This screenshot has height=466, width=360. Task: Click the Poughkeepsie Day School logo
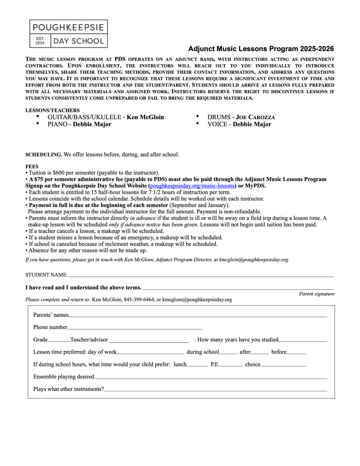tap(68, 34)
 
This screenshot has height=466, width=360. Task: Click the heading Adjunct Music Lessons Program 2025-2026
tap(261, 49)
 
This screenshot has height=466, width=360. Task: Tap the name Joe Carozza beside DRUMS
tap(255, 117)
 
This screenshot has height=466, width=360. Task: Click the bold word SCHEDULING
tap(44, 155)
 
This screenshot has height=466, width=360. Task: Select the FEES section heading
tap(32, 167)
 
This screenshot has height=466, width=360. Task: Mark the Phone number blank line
tap(135, 328)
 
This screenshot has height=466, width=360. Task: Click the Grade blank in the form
tap(59, 340)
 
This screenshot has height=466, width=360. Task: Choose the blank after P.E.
tap(231, 365)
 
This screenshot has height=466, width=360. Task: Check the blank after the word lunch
tap(197, 365)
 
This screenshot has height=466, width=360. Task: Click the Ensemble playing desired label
tap(64, 376)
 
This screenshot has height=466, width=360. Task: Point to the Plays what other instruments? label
tap(69, 389)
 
